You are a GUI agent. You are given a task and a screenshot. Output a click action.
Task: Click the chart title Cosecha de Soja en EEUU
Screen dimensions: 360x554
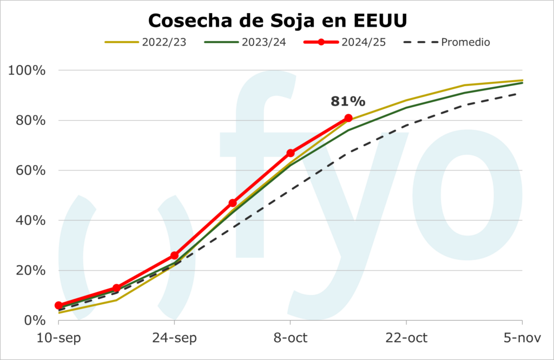277,20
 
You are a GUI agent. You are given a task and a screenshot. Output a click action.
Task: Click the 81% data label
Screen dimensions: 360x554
348,101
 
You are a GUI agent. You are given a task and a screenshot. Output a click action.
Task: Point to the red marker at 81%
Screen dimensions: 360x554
348,118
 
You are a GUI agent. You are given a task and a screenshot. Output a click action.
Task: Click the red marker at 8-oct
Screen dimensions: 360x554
291,153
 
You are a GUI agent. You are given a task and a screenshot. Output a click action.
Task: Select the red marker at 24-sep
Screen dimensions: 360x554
174,256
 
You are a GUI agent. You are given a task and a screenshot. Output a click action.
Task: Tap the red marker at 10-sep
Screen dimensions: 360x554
58,305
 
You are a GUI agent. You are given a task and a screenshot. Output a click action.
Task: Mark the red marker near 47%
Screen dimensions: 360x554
233,203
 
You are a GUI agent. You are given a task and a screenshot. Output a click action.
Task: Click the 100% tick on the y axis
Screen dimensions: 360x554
27,71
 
